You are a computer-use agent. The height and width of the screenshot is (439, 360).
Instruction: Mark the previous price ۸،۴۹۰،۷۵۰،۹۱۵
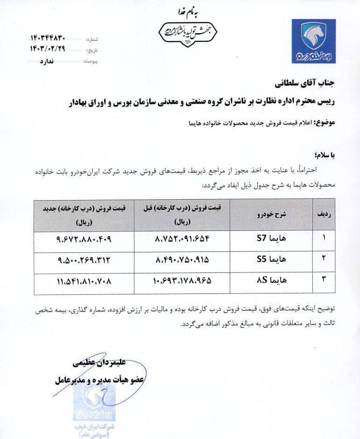(x=183, y=260)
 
